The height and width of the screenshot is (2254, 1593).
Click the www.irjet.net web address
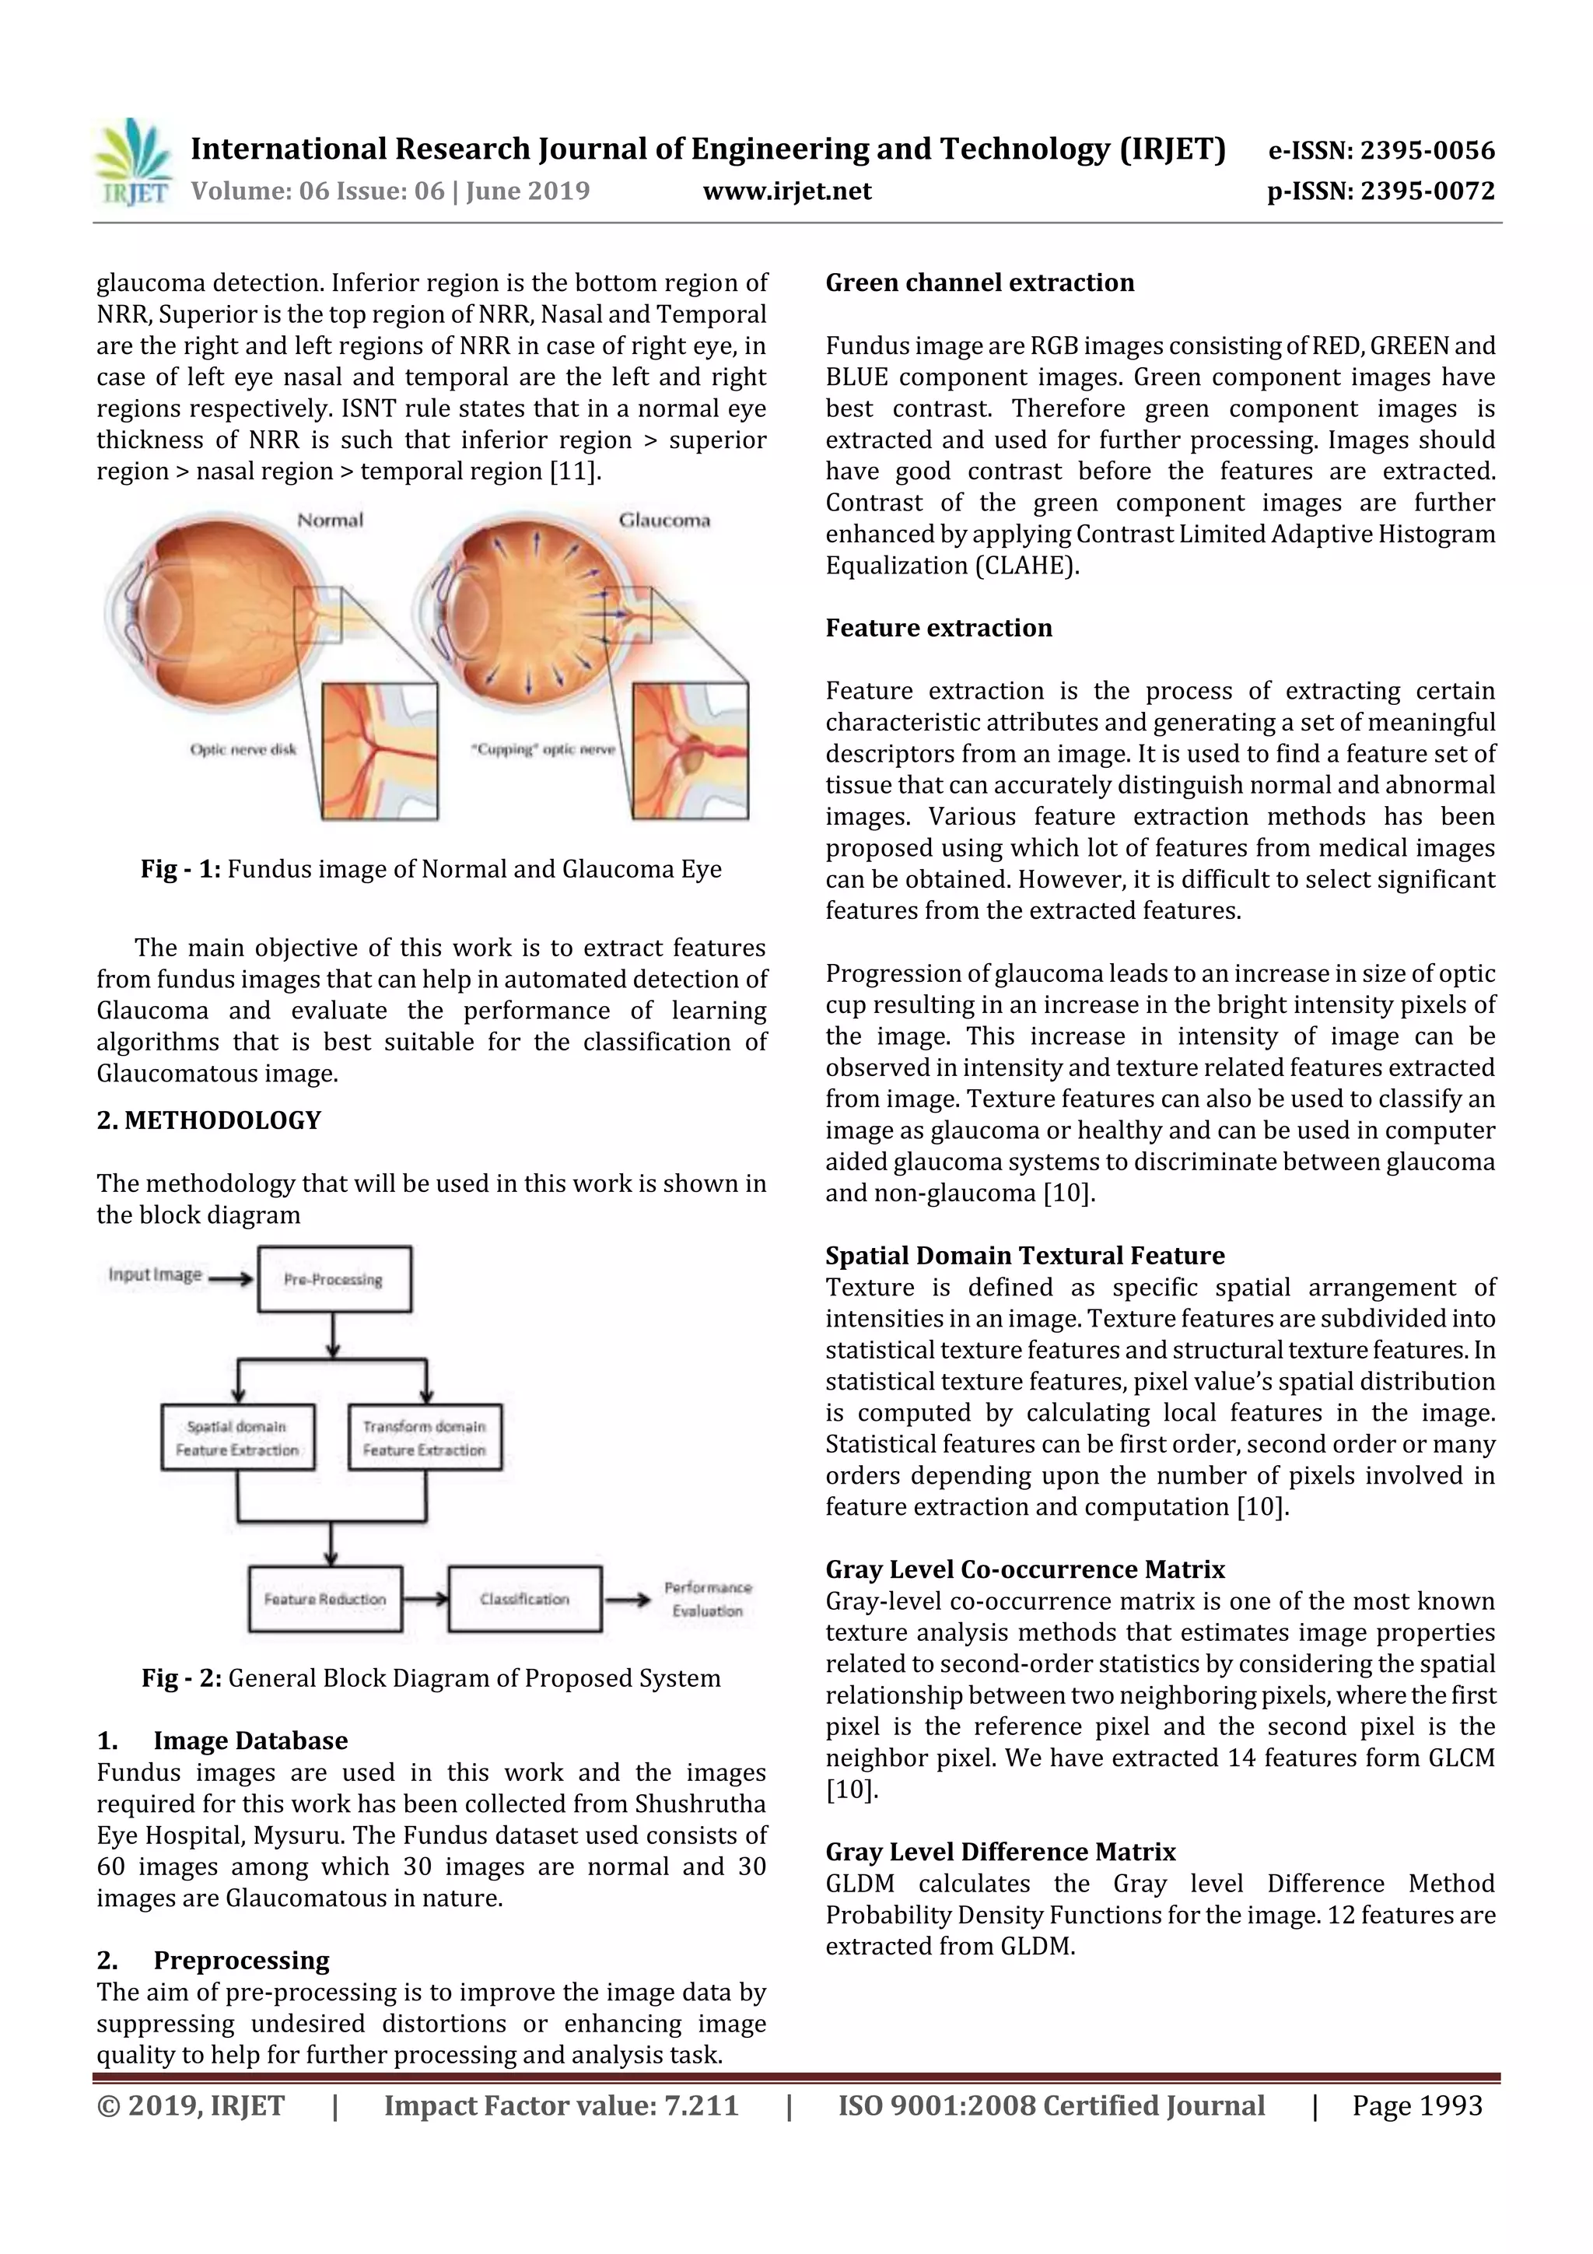[x=786, y=191]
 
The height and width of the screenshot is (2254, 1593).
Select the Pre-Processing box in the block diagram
[x=334, y=1279]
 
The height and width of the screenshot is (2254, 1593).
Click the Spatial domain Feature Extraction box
[x=237, y=1438]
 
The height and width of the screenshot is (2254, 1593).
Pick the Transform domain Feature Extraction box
[x=424, y=1438]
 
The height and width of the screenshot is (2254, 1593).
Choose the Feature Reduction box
[x=325, y=1599]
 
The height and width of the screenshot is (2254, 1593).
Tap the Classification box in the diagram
[x=524, y=1599]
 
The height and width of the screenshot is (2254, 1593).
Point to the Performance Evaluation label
[x=708, y=1599]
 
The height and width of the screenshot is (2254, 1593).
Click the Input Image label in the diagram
[x=155, y=1274]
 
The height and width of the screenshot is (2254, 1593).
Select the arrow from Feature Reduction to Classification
[x=425, y=1599]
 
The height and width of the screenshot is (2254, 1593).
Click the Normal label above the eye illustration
[x=330, y=521]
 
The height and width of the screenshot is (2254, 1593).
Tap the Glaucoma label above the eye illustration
[x=663, y=521]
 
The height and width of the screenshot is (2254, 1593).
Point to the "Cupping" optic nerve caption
[x=543, y=750]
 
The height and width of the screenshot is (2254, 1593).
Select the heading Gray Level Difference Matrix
[x=1000, y=1852]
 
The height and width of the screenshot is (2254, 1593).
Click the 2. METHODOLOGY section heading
[x=209, y=1120]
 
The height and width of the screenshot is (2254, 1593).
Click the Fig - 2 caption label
[x=181, y=1677]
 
